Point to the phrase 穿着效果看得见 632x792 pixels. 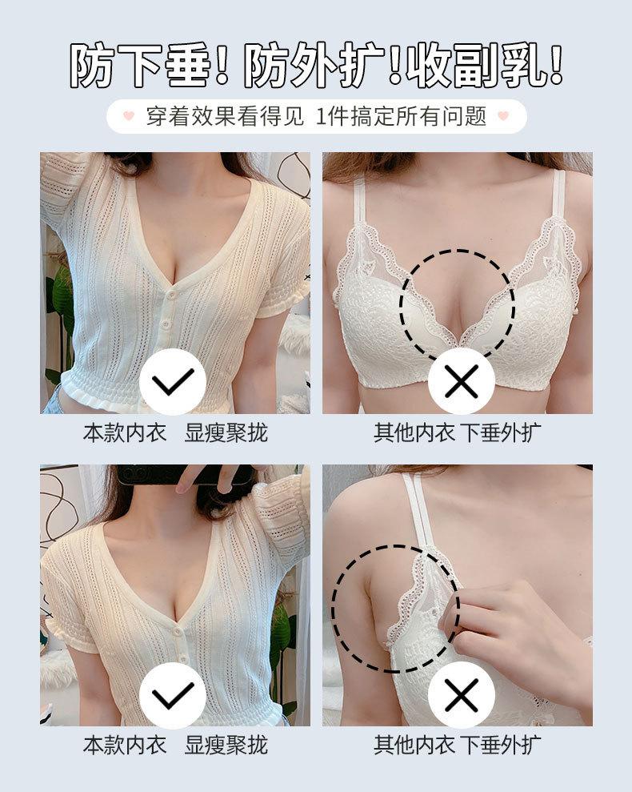(225, 116)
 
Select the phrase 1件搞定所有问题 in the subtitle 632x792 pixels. (402, 116)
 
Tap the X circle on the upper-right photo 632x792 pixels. (461, 382)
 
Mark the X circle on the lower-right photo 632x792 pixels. (461, 695)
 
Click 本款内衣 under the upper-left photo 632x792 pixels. (125, 433)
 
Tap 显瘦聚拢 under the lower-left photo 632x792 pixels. (226, 745)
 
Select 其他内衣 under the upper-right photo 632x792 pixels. (414, 433)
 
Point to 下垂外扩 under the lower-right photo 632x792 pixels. (501, 745)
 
